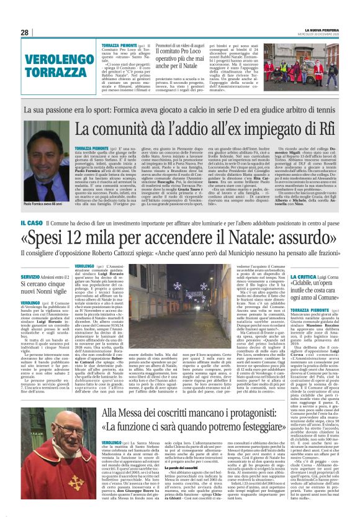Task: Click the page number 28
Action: (25, 32)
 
